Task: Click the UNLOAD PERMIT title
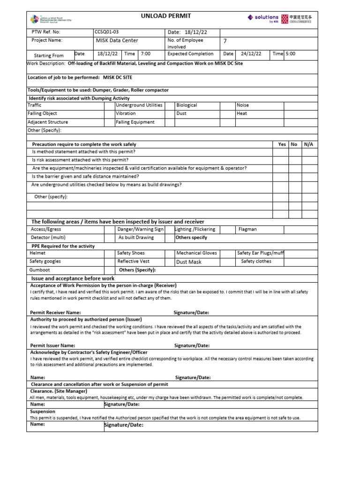(166, 16)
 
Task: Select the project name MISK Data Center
(117, 41)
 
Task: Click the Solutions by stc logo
(263, 18)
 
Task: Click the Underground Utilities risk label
(139, 105)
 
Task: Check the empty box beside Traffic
(109, 105)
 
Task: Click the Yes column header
(281, 144)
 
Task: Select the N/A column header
(308, 144)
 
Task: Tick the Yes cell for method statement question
(280, 152)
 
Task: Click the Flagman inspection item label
(247, 230)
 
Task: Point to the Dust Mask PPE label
(188, 262)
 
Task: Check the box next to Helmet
(109, 253)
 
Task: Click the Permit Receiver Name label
(55, 313)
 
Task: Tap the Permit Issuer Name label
(52, 345)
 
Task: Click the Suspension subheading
(43, 412)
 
